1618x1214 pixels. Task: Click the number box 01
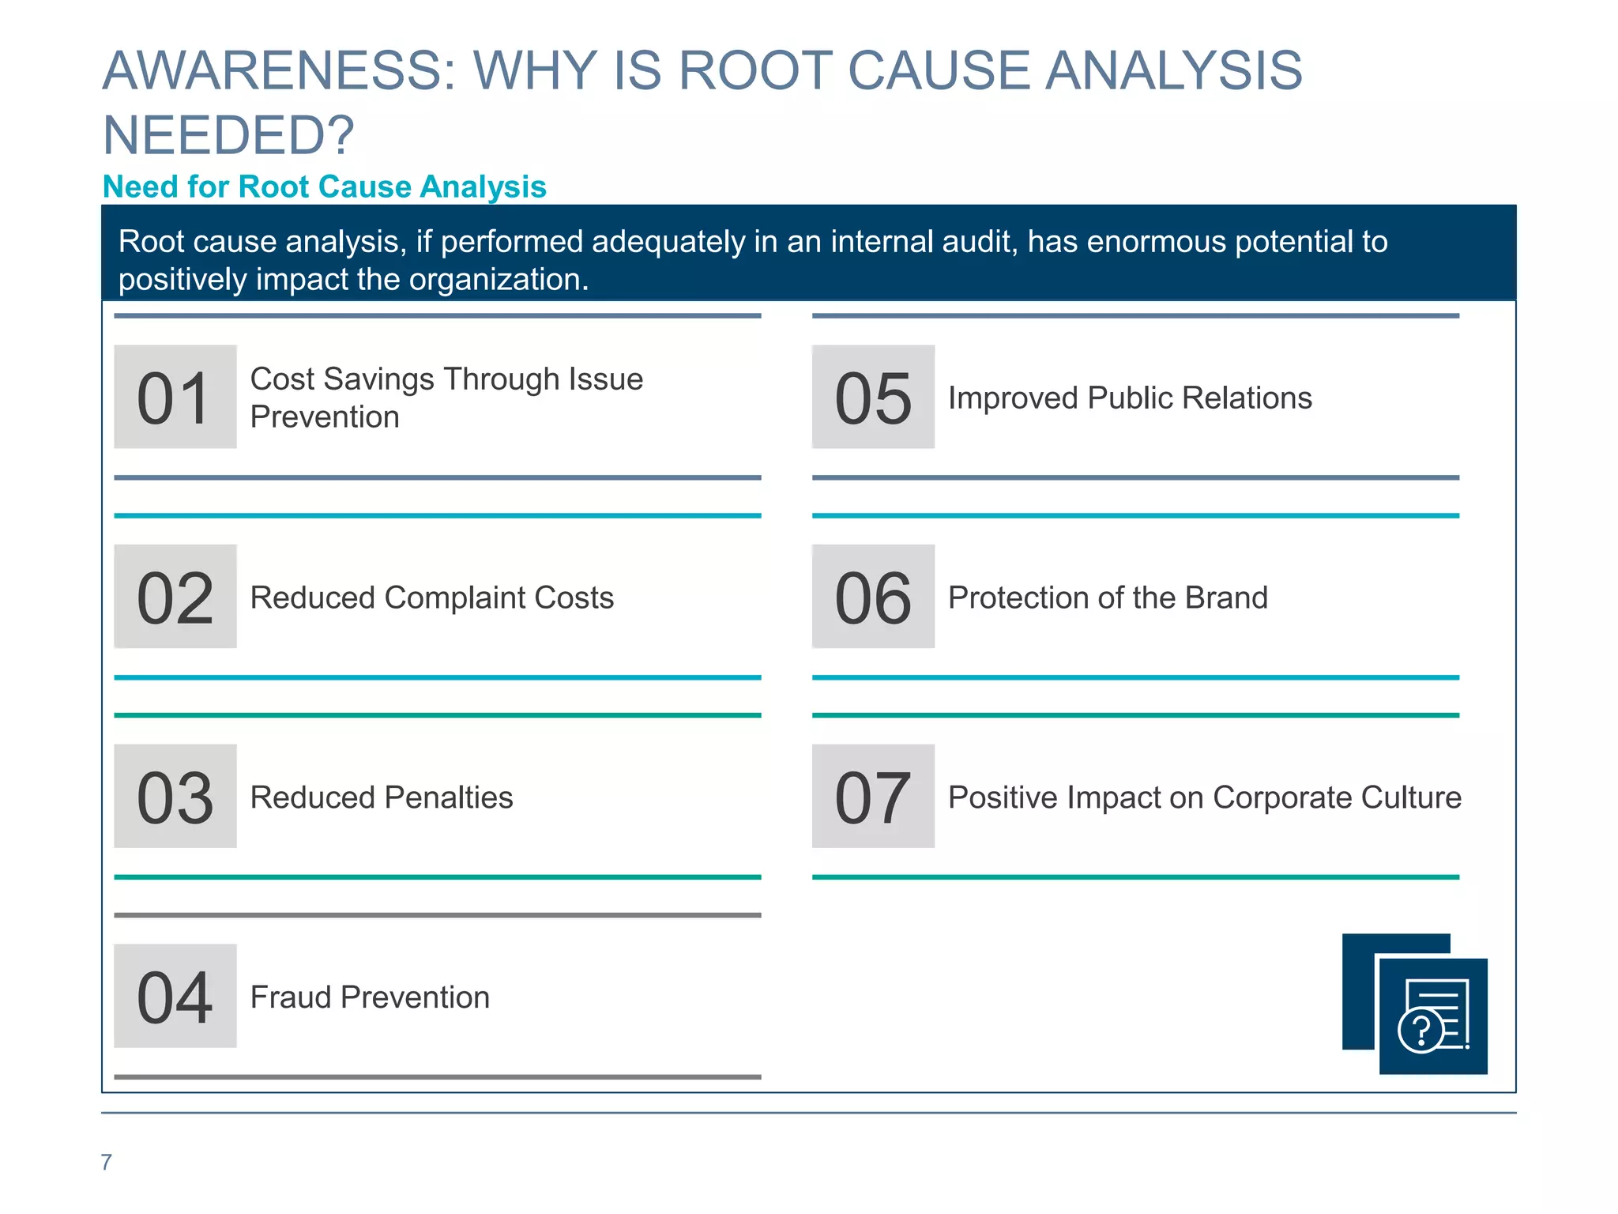point(175,397)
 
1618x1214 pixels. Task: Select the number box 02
point(175,597)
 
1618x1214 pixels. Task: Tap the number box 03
point(175,796)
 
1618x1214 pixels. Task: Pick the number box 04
point(175,996)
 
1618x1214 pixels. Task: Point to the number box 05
point(873,397)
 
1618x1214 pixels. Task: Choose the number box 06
point(873,597)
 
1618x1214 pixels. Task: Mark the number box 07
point(873,796)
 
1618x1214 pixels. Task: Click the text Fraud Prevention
point(370,997)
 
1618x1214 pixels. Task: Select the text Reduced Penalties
point(382,797)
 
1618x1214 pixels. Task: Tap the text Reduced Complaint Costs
point(431,598)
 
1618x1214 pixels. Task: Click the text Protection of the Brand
point(1108,598)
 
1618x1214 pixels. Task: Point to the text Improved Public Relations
point(1130,398)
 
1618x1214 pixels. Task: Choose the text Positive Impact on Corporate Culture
point(1205,797)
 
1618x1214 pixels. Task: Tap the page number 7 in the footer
point(107,1162)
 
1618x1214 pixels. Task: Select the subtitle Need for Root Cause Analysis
point(325,187)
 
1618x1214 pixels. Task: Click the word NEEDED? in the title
point(229,135)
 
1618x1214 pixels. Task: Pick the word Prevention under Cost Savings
point(325,417)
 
